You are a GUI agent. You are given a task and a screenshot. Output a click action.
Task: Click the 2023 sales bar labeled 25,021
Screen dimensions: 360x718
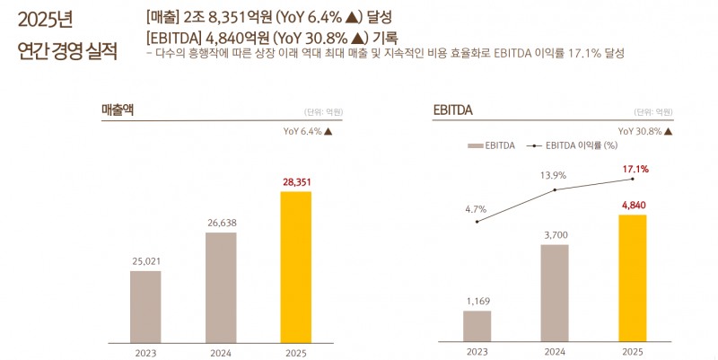click(x=145, y=305)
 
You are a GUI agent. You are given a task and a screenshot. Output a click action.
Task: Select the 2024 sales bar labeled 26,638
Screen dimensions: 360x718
click(x=221, y=286)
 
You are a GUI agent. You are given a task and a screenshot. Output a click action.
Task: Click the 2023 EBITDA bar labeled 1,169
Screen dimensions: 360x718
click(x=477, y=325)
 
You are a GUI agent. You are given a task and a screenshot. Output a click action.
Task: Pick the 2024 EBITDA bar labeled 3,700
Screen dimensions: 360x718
click(x=555, y=292)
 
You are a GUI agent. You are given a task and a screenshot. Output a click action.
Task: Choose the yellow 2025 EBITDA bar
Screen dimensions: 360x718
click(x=632, y=277)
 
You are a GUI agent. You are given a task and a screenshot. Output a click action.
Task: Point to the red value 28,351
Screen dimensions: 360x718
click(x=296, y=182)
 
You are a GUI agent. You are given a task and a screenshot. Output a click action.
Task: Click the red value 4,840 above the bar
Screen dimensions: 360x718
click(x=633, y=206)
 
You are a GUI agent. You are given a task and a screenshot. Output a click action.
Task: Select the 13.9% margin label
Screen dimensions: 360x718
click(x=554, y=175)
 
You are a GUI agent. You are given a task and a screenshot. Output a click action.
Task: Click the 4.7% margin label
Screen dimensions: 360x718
click(x=476, y=209)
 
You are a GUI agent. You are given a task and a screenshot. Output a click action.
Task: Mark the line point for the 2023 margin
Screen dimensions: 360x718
click(x=477, y=221)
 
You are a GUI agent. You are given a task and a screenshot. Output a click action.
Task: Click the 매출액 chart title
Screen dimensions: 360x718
click(x=118, y=110)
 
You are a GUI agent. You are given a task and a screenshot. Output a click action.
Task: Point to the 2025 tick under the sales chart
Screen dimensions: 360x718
click(x=295, y=353)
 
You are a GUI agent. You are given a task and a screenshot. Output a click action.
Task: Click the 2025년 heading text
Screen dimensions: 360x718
click(x=46, y=19)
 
